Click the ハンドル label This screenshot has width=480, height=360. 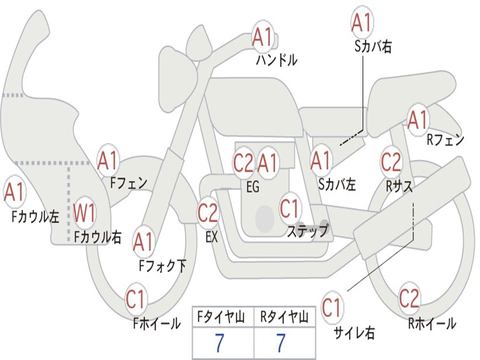click(277, 60)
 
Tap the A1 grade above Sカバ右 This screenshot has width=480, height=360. click(362, 23)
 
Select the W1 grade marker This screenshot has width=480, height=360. click(85, 213)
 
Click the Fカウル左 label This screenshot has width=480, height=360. click(36, 216)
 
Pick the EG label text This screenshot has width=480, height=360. click(253, 187)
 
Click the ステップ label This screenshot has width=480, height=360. click(307, 231)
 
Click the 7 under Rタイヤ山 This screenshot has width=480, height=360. click(281, 344)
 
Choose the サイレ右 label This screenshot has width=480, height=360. click(354, 332)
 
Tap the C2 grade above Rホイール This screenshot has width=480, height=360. click(409, 298)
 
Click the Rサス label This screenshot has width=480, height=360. click(399, 186)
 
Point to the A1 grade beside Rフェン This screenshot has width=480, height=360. click(417, 120)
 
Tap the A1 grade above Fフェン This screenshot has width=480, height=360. click(108, 161)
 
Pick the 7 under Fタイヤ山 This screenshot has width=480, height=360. click(219, 344)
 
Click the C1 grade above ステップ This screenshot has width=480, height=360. click(290, 208)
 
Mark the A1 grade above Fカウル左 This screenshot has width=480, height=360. click(14, 192)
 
